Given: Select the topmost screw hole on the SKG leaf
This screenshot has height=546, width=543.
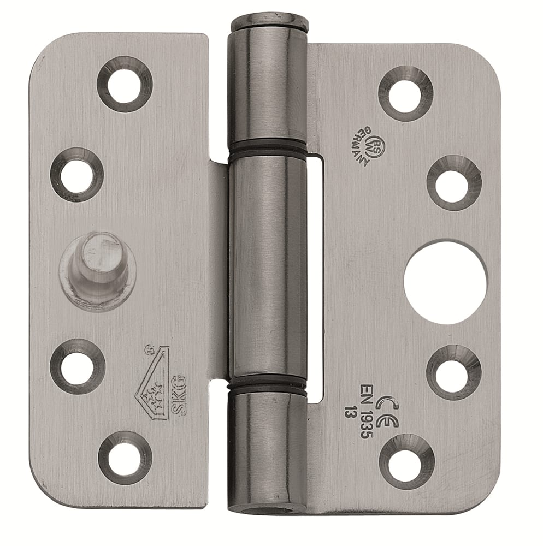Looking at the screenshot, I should pos(124,84).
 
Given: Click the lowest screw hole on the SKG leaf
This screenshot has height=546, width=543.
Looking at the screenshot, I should pos(125,457).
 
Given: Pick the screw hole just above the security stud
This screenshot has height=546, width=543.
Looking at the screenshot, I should pos(76,175).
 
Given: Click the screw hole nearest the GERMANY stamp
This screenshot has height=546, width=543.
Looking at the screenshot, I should pos(405,93).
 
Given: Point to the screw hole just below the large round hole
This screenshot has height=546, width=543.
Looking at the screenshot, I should pos(453,372).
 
